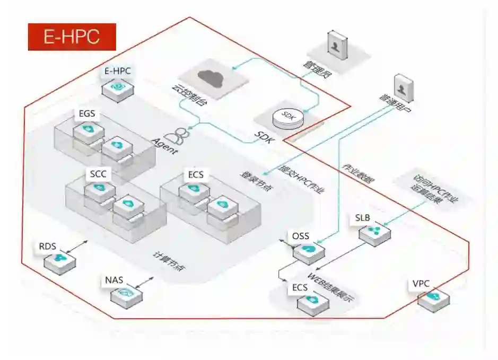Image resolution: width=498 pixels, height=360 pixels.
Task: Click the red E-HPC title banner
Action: point(72,37)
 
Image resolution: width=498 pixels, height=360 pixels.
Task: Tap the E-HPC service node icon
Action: point(118,86)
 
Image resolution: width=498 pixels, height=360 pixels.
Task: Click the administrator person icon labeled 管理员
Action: point(336,46)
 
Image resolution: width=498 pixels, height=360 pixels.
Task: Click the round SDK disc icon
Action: point(288,117)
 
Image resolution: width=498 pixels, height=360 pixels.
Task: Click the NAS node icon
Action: point(126,292)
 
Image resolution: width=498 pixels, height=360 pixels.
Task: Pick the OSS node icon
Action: point(308,249)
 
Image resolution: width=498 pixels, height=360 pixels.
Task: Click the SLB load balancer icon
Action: point(374,232)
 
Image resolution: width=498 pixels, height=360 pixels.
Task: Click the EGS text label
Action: point(88,113)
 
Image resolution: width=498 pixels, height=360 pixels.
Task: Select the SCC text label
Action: point(99,174)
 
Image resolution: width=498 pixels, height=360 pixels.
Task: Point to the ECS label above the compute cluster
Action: point(195,175)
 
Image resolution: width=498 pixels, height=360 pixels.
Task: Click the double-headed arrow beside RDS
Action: point(79,246)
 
